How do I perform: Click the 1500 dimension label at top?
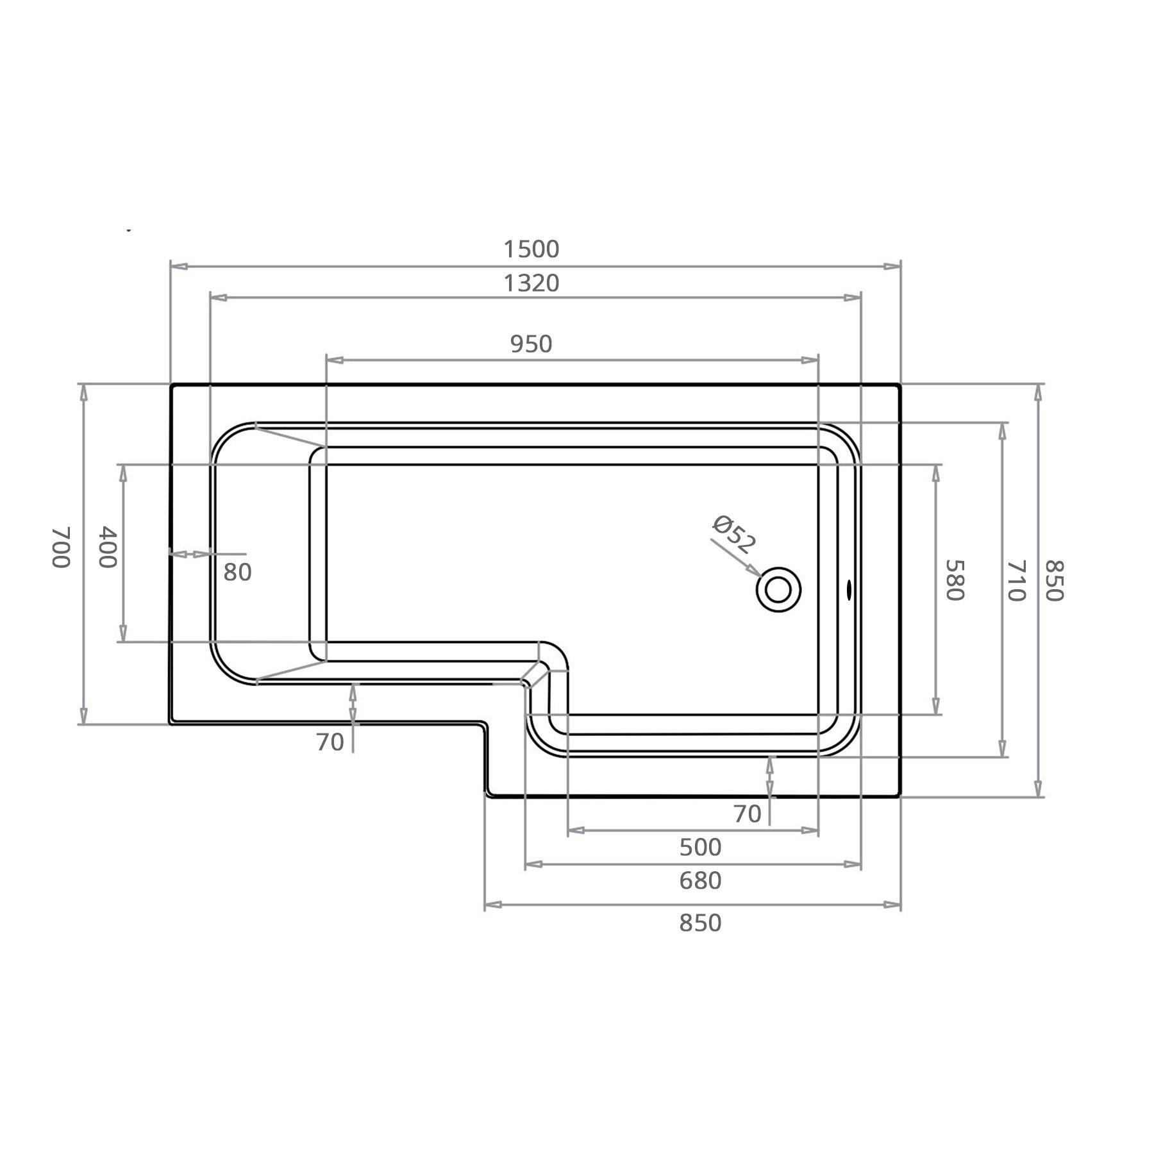tap(531, 249)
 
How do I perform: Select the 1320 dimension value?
tap(531, 283)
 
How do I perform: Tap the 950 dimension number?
tap(531, 344)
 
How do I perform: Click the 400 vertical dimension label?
tap(108, 546)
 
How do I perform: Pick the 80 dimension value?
tap(237, 573)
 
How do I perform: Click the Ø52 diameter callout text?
tap(734, 534)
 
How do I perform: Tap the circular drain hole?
tap(778, 589)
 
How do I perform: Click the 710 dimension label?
tap(1016, 580)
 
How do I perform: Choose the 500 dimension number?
tap(700, 848)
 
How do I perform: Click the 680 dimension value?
tap(700, 881)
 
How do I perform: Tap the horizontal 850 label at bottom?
tap(700, 923)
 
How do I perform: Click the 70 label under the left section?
tap(330, 742)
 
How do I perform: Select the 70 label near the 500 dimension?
tap(747, 814)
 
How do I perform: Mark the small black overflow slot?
tap(849, 589)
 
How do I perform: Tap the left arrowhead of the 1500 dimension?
tap(179, 266)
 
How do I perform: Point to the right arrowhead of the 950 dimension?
tap(810, 361)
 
